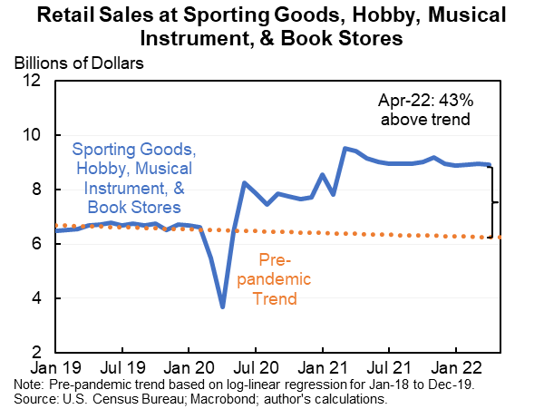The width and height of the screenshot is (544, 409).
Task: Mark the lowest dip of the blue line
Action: [x=223, y=307]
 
